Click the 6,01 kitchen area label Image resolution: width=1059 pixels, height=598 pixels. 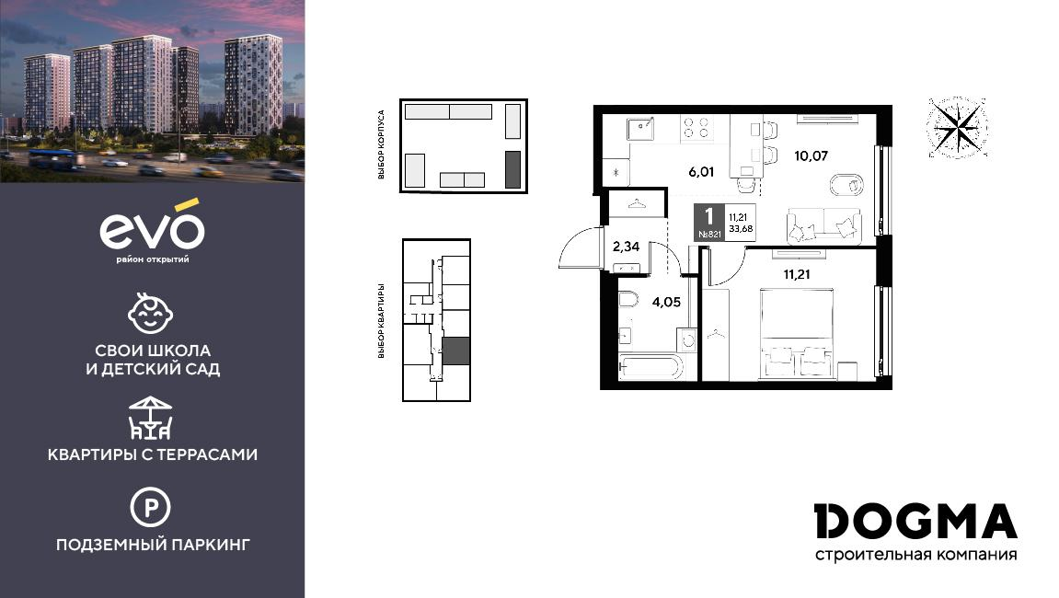(701, 172)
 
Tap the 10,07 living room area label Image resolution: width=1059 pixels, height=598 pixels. (811, 156)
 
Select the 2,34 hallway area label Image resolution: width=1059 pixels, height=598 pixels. (626, 247)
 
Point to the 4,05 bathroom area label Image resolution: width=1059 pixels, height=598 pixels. (666, 302)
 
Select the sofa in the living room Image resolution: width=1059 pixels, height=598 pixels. (824, 225)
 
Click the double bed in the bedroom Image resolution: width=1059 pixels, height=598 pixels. (797, 334)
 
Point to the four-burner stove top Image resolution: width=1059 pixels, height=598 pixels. (697, 129)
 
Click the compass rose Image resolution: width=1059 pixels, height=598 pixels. (957, 128)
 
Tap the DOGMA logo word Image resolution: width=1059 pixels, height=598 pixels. (915, 522)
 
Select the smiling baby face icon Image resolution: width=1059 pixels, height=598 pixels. (151, 313)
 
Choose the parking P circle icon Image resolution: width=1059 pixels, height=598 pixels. (150, 507)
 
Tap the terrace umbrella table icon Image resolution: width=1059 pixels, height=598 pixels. (151, 418)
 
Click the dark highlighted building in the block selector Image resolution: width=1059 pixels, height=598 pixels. (513, 169)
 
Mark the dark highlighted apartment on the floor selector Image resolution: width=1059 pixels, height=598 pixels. (455, 352)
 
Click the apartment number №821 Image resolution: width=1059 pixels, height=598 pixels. (709, 235)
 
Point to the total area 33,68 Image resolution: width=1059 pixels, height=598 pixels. (741, 228)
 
